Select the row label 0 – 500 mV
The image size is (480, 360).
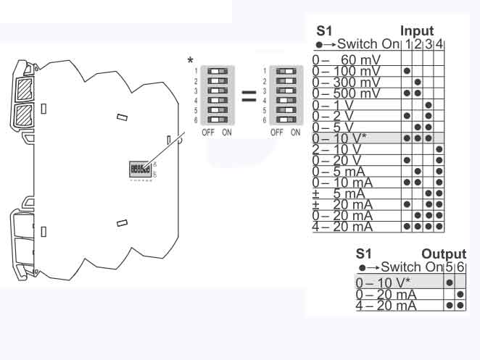pos(346,93)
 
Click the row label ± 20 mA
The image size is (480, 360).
pos(346,204)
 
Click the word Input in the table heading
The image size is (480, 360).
pos(417,31)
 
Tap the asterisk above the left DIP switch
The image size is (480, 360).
pos(190,60)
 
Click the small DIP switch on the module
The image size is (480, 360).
pos(141,168)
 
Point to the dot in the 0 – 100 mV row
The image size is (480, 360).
pos(407,71)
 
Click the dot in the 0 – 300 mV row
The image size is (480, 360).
pos(418,83)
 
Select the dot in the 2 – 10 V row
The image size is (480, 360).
pos(439,149)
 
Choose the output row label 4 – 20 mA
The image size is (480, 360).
pos(386,306)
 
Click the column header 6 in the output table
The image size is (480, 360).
pos(460,267)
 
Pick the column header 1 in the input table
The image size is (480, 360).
pos(408,44)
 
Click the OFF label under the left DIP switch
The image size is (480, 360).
pos(208,133)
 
